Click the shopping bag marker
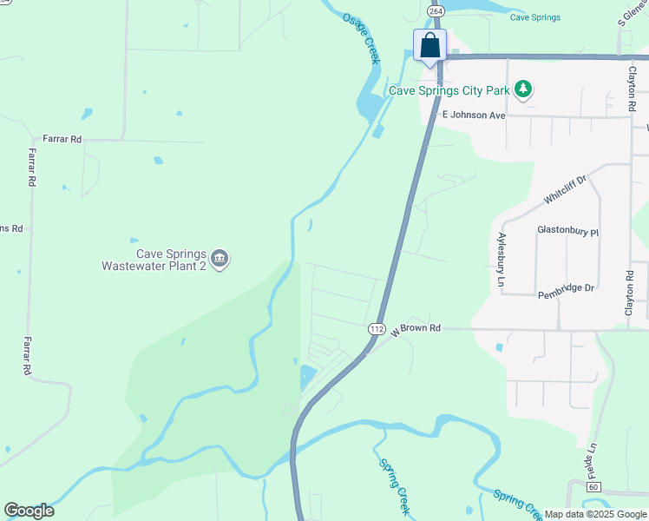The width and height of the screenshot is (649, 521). point(430,46)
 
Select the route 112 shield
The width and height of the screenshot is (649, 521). point(376,328)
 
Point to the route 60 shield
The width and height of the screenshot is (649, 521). point(593,487)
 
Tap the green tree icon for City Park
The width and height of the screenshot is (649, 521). point(522,89)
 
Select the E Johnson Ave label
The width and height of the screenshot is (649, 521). point(473,115)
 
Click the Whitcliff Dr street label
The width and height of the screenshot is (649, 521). point(566,188)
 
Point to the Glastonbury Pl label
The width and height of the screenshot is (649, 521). point(568,232)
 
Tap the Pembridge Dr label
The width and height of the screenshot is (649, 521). point(565,287)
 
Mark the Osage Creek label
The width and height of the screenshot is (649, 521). point(362,37)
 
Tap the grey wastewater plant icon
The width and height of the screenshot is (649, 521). point(220,258)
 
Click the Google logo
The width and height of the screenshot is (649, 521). point(29,511)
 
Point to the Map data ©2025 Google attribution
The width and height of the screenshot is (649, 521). point(595,514)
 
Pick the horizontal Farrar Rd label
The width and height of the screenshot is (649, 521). point(62,139)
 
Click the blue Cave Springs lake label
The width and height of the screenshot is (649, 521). point(535,17)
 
